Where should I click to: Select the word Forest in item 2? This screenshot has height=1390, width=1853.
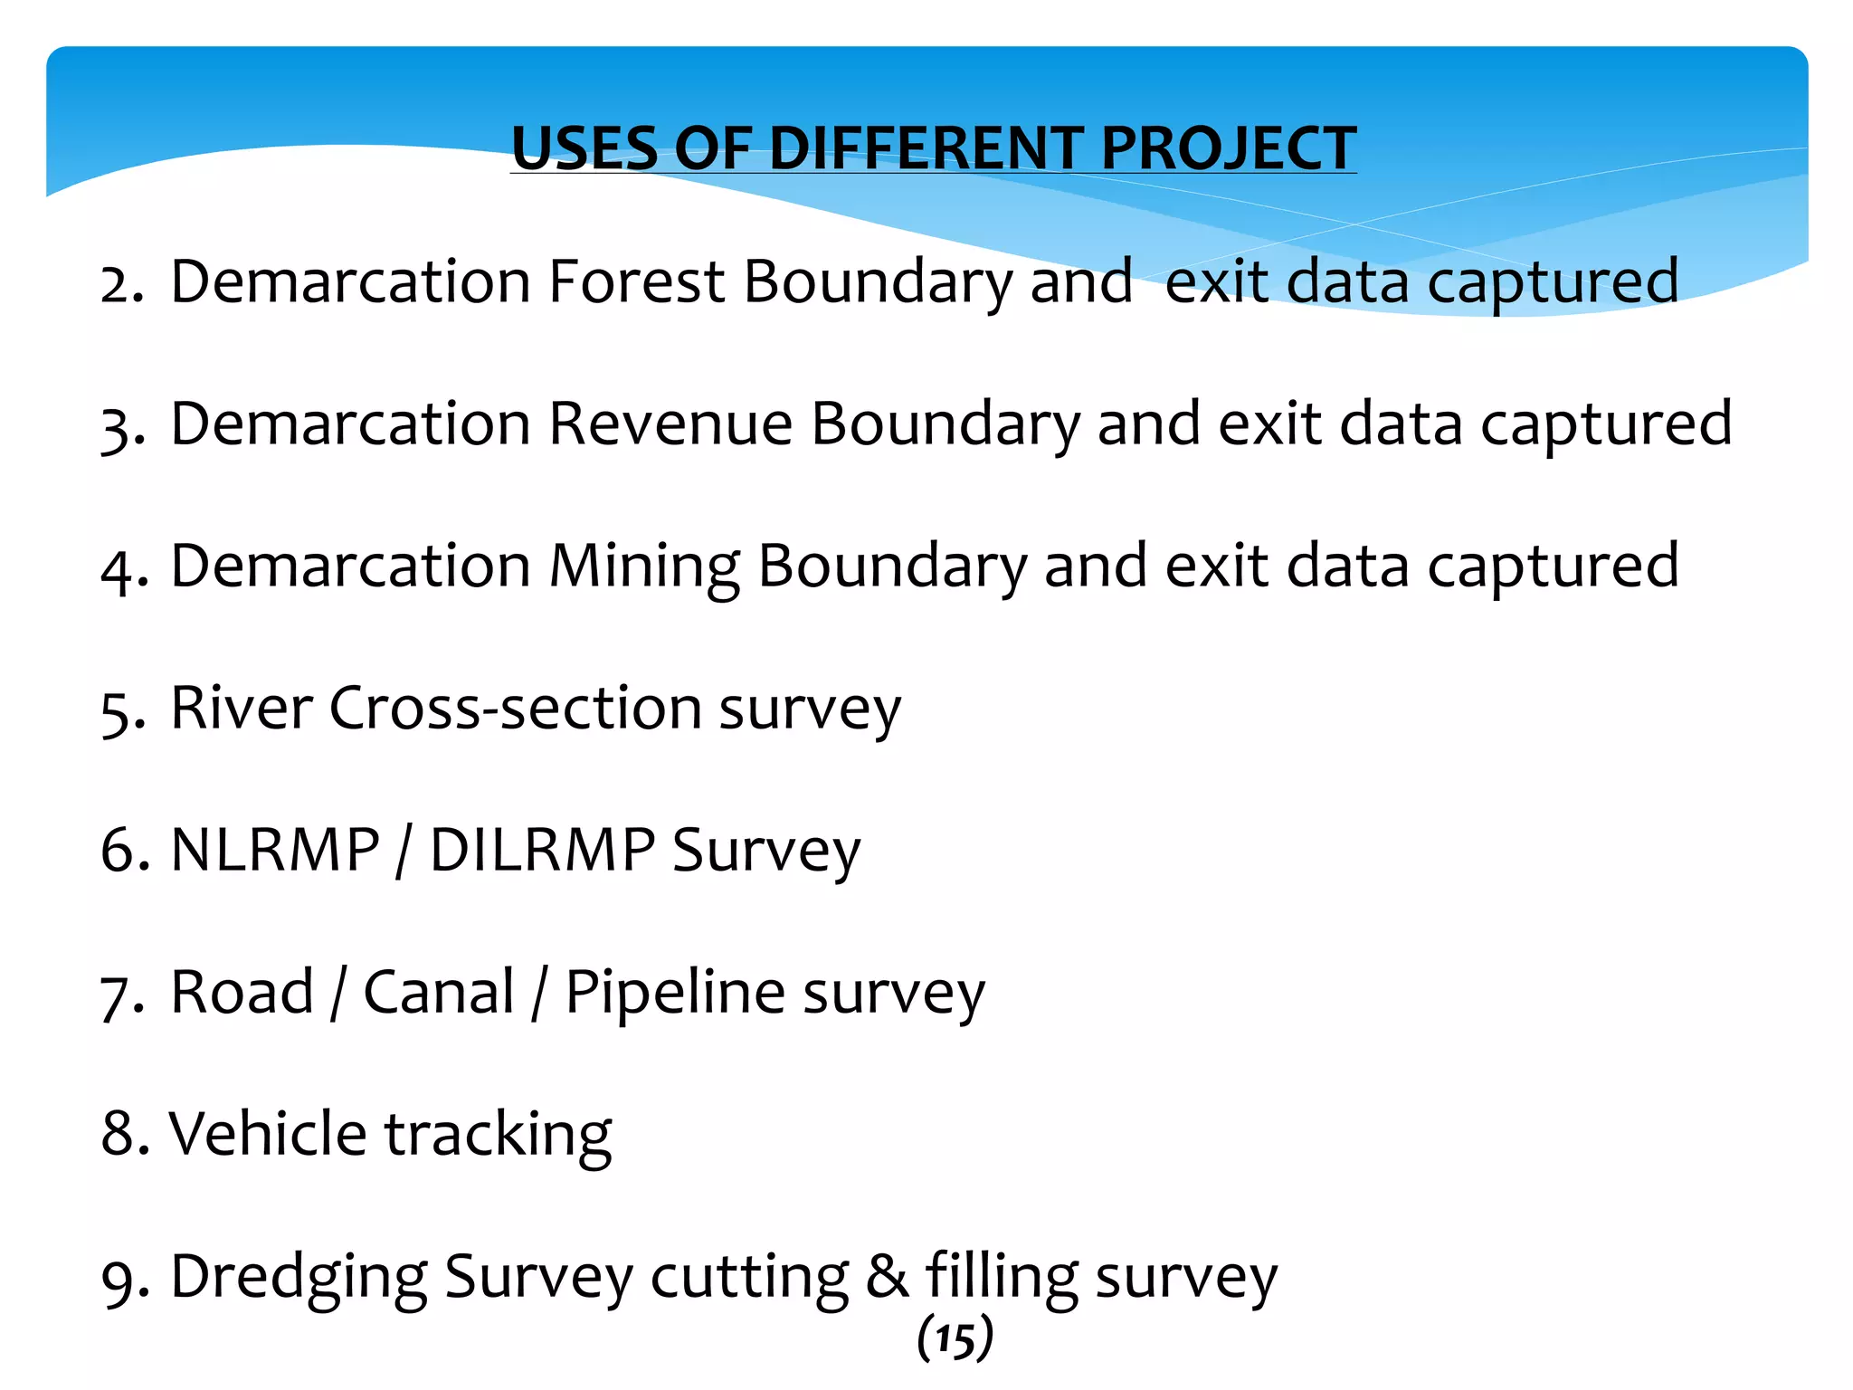click(x=636, y=281)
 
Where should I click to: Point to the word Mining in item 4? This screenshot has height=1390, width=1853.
click(x=644, y=566)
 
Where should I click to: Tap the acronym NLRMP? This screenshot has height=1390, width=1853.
click(x=275, y=850)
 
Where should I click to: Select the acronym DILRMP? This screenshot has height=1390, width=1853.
click(x=542, y=850)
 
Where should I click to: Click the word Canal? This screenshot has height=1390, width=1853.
click(x=439, y=992)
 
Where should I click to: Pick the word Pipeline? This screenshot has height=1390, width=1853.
click(x=675, y=992)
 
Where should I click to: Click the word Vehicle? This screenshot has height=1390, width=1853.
click(x=268, y=1133)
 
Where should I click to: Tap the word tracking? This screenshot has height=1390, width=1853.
click(x=499, y=1135)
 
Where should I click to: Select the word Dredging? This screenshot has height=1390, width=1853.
click(x=299, y=1277)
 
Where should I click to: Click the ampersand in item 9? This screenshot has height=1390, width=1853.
click(x=887, y=1277)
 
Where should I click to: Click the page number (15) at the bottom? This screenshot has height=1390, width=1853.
click(x=955, y=1339)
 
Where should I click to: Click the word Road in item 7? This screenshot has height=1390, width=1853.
click(x=242, y=992)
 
